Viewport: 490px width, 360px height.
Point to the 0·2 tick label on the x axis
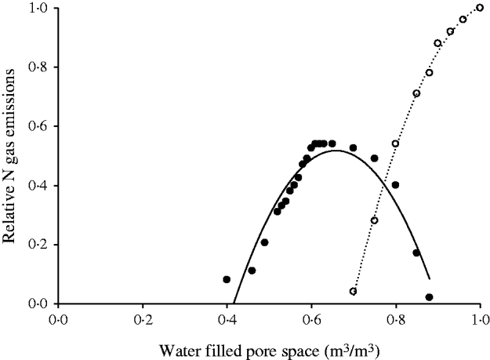(143, 319)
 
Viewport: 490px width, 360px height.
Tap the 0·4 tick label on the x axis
(227, 319)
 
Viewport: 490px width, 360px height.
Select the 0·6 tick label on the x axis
(311, 319)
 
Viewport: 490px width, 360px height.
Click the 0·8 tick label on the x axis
(396, 319)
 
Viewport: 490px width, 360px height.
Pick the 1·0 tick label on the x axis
(480, 319)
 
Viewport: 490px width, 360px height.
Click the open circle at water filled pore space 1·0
(480, 8)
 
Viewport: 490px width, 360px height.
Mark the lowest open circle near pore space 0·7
(354, 291)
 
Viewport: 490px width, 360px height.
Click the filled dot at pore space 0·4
(227, 279)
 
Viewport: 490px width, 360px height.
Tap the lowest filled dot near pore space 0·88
(429, 297)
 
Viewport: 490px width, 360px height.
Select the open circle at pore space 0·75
(375, 220)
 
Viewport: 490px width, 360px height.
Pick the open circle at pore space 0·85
(416, 93)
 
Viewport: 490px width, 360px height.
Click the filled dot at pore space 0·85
(416, 253)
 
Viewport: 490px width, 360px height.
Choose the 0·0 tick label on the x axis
(58, 319)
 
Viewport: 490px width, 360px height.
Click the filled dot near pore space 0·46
(252, 271)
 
